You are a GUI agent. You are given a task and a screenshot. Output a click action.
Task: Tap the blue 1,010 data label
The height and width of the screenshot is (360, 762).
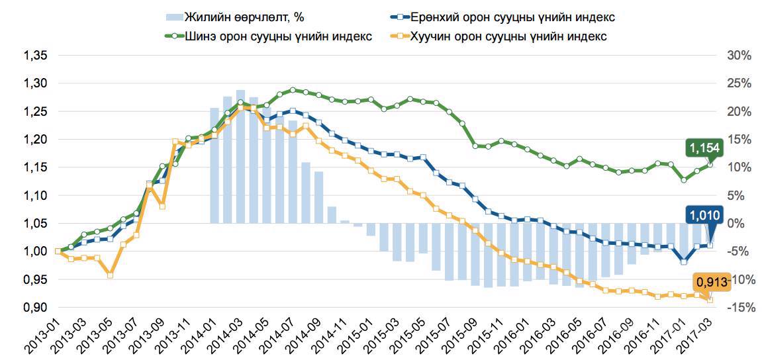point(705,214)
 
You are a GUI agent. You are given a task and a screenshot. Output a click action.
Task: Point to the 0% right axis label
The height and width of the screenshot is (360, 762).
point(739,224)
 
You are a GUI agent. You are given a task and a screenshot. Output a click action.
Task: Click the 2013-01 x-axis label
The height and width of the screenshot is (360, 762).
point(44,335)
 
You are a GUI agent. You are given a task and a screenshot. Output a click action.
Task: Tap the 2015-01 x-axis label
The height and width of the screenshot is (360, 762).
point(357,335)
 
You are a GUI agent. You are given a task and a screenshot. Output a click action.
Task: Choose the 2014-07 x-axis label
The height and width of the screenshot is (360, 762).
point(279,335)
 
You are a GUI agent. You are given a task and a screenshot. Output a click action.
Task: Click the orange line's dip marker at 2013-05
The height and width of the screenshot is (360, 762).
point(110,275)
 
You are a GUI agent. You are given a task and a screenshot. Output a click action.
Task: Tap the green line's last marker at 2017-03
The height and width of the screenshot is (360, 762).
point(710,164)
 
